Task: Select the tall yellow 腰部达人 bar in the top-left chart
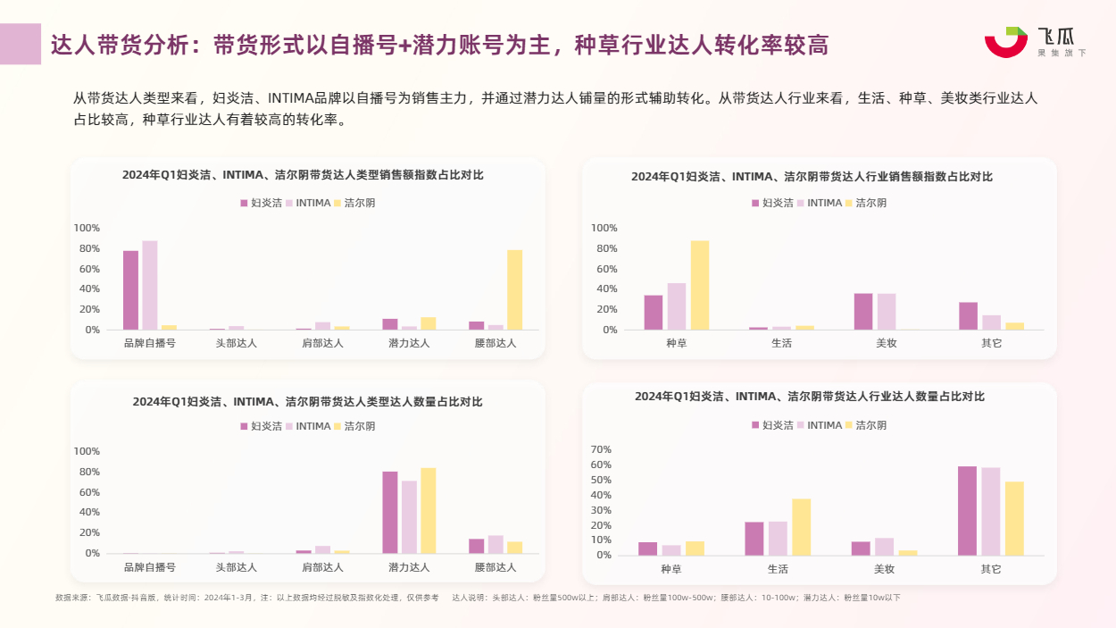point(515,289)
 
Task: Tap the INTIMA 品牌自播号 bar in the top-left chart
point(150,285)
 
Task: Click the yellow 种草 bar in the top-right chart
point(700,285)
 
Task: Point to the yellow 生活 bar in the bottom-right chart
point(801,527)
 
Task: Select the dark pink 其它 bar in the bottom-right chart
point(967,511)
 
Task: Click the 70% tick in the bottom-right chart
point(601,449)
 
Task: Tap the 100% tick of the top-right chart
point(604,228)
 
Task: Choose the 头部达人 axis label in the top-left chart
point(236,343)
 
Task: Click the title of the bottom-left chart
point(307,402)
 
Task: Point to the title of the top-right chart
point(812,177)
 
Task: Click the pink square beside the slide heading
point(21,44)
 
